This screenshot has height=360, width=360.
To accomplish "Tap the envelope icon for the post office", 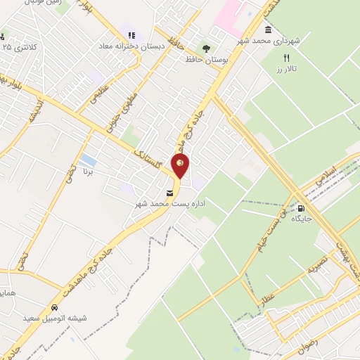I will coord(169,192).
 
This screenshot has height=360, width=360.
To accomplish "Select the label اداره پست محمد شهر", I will coord(169,203).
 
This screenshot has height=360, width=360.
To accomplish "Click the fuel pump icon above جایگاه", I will coord(302,209).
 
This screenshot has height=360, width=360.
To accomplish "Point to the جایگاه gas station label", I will coord(302,219).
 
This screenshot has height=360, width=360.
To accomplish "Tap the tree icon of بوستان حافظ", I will coord(206,48).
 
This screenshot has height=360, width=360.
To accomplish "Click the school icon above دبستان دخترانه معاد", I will coord(130,36).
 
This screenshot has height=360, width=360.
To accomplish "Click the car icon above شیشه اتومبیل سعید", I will coord(53,308).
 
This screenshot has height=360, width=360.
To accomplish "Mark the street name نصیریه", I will coord(314,266).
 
